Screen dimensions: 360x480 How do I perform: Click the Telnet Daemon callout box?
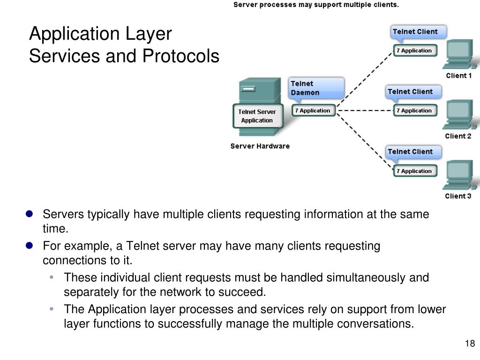click(x=315, y=88)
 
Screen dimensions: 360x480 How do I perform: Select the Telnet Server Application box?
click(x=257, y=116)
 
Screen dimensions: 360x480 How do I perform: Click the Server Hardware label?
click(x=260, y=146)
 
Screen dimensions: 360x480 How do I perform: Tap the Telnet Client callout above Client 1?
click(x=418, y=32)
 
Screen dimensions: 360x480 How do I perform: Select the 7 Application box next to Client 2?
click(x=414, y=111)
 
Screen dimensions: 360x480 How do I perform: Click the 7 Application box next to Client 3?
click(x=414, y=171)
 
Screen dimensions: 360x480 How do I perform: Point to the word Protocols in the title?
click(x=181, y=56)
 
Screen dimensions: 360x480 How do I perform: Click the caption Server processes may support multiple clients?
click(x=316, y=5)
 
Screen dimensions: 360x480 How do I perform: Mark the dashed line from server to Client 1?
click(x=364, y=80)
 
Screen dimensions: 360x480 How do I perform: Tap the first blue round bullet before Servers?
click(x=29, y=214)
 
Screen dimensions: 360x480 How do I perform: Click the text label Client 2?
click(x=458, y=136)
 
